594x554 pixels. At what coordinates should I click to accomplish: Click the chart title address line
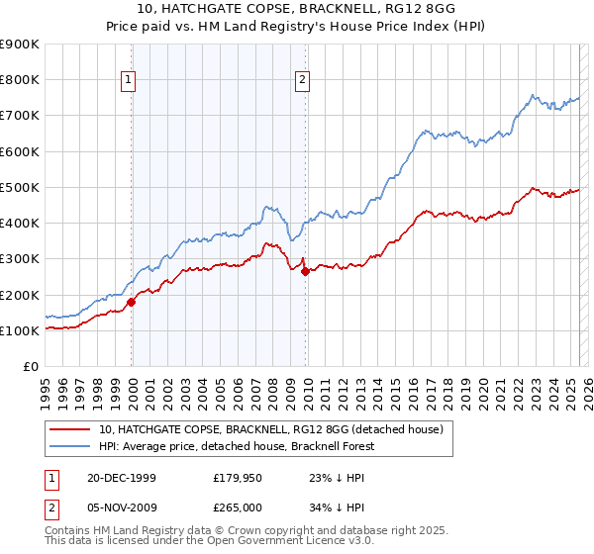pos(297,10)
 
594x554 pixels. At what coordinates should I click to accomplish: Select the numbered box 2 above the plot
pos(302,81)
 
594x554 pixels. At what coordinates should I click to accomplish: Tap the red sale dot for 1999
pos(132,302)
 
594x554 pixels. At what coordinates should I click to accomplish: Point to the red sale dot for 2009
pos(305,272)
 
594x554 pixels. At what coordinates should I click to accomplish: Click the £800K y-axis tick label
pos(20,80)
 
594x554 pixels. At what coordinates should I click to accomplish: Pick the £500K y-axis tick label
pos(20,187)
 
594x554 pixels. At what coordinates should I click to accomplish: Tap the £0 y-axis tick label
pos(30,366)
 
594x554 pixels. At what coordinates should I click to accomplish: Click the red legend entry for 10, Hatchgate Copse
pos(276,429)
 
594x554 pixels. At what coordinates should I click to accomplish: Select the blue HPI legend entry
pos(239,446)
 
